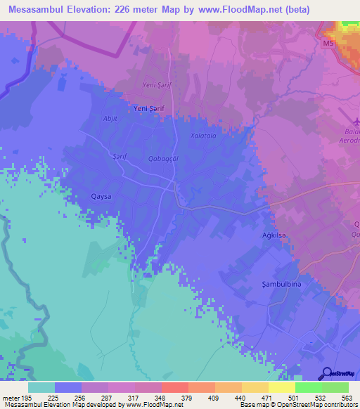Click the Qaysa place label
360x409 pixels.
click(x=102, y=197)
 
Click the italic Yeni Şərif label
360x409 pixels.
click(x=157, y=85)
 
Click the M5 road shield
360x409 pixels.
click(x=330, y=44)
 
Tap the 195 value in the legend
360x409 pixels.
click(x=27, y=397)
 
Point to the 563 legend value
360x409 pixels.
click(x=346, y=397)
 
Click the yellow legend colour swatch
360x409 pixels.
click(x=281, y=387)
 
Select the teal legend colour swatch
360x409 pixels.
click(x=41, y=387)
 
